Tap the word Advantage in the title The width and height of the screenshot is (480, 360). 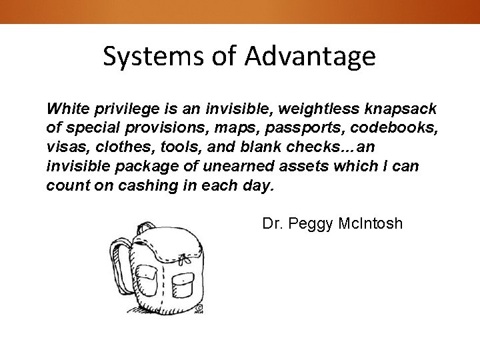click(x=310, y=57)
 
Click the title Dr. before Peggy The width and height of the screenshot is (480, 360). click(x=272, y=223)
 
